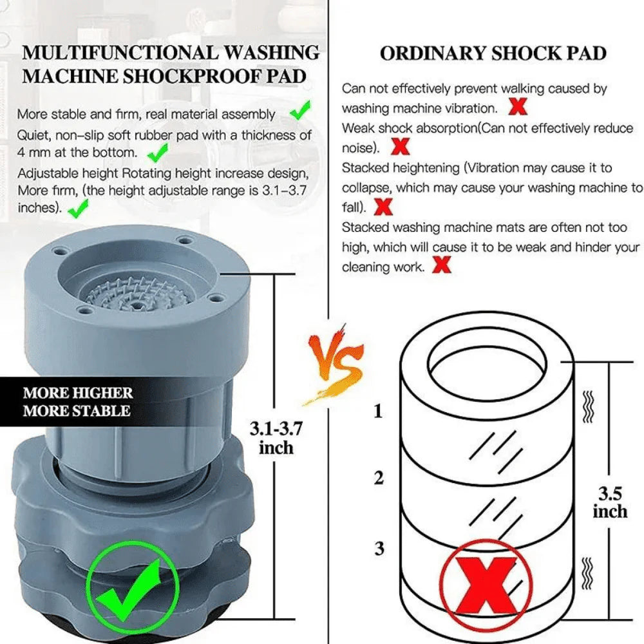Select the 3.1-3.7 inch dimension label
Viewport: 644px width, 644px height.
[x=276, y=437]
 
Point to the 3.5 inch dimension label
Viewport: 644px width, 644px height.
[x=609, y=502]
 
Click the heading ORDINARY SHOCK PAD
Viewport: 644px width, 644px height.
[x=493, y=53]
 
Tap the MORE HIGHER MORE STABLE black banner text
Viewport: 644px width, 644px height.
[x=78, y=401]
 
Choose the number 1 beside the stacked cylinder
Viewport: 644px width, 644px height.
[x=378, y=410]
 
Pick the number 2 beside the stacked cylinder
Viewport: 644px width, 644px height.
[x=379, y=477]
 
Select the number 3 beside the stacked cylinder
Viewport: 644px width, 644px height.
[x=379, y=549]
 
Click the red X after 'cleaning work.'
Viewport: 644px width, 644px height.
[x=441, y=265]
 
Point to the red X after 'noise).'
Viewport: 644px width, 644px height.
[x=401, y=147]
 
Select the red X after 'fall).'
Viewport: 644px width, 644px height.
[x=384, y=207]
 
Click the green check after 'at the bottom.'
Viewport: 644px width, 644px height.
[x=157, y=152]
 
